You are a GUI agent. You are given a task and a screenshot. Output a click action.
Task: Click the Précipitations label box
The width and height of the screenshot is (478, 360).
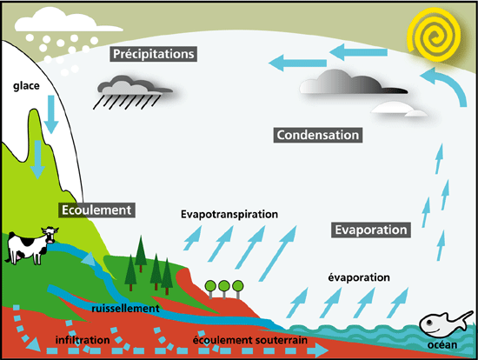coord(153,54)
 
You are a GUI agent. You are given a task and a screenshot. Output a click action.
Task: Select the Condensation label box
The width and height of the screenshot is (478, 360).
coord(318,135)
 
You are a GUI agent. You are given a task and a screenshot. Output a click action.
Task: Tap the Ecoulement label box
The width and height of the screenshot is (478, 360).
coord(96,210)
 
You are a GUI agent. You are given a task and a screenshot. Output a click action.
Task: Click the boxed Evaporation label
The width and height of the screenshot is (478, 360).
coord(371,230)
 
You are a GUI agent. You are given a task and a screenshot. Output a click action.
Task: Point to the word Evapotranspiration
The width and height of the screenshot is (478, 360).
coord(229,214)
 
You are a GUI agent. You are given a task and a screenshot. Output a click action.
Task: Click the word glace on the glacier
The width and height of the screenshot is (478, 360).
coord(26,86)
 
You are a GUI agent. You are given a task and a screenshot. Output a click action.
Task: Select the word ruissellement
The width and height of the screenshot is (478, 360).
coord(126,308)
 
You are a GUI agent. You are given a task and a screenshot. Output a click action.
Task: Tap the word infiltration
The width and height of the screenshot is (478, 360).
coord(83,340)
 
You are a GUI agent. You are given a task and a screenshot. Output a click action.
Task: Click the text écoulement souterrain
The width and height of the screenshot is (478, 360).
coord(250,340)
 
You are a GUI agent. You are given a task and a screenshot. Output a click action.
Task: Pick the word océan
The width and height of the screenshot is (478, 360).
coord(442,344)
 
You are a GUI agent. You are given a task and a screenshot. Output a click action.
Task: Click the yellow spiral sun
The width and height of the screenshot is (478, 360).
coord(435,34)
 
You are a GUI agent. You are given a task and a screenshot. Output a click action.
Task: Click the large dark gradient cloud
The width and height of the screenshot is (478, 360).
coord(354,82)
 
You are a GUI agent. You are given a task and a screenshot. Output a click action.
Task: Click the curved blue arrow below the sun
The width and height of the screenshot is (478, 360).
coord(453,83)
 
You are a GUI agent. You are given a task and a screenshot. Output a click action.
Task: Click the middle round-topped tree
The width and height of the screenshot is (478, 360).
coord(224,290)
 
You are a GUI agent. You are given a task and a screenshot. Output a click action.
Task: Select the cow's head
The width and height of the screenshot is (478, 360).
coord(50,234)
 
